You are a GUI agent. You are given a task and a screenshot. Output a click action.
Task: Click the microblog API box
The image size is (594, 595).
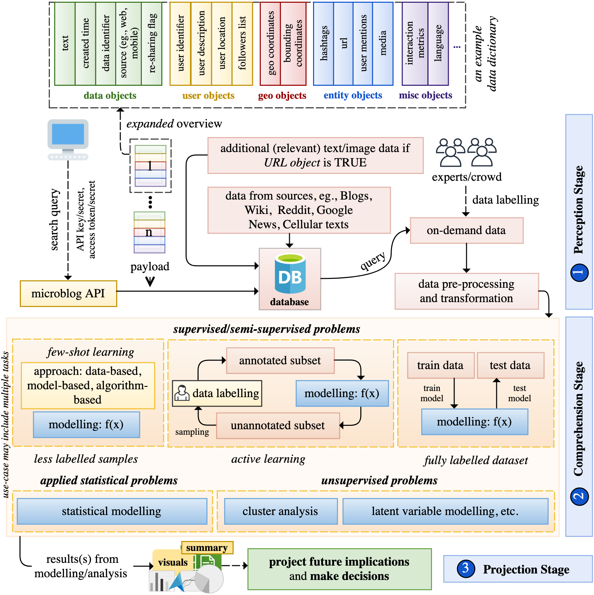pyautogui.click(x=68, y=294)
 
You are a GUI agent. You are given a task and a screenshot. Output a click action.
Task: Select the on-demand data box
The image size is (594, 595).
pyautogui.click(x=467, y=231)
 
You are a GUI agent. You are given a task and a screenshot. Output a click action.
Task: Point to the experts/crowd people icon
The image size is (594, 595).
pyautogui.click(x=466, y=152)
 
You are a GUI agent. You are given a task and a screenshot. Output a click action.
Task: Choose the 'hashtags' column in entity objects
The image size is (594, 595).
pyautogui.click(x=323, y=44)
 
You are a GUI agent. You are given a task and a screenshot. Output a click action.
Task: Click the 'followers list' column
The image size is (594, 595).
pyautogui.click(x=242, y=44)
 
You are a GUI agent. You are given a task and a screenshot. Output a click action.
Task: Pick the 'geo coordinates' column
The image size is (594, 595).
pyautogui.click(x=270, y=44)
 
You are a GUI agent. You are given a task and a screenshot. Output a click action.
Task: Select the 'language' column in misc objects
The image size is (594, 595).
pyautogui.click(x=438, y=44)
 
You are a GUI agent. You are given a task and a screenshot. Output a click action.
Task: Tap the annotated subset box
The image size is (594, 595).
pyautogui.click(x=280, y=361)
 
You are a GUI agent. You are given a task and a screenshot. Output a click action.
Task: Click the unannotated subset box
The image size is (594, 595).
pyautogui.click(x=278, y=425)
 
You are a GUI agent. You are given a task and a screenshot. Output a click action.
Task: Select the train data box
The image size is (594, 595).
pyautogui.click(x=441, y=365)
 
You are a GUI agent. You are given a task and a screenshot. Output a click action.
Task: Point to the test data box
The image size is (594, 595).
pyautogui.click(x=510, y=365)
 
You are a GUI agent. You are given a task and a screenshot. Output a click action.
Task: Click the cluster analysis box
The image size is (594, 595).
pyautogui.click(x=281, y=511)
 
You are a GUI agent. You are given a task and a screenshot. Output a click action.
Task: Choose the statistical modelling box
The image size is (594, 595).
pyautogui.click(x=112, y=511)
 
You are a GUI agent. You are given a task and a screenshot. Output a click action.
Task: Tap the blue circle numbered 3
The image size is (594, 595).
pyautogui.click(x=465, y=569)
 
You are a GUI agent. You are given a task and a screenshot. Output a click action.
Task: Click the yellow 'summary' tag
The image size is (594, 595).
pyautogui.click(x=207, y=547)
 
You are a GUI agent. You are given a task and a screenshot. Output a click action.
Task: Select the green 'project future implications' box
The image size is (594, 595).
pyautogui.click(x=339, y=569)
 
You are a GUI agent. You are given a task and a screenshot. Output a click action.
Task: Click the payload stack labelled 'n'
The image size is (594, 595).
pyautogui.click(x=149, y=232)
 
